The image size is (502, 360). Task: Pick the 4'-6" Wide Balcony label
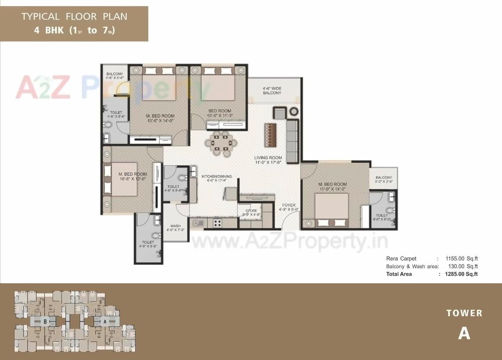click(272, 91)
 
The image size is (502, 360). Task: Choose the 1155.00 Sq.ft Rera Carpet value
click(461, 258)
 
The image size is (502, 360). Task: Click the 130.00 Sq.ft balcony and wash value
click(461, 266)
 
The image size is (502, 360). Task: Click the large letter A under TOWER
click(464, 333)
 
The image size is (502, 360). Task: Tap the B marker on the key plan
click(45, 321)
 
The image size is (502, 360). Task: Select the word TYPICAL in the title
click(40, 17)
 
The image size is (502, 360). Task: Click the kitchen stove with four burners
click(218, 223)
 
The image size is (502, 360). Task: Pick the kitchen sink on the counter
click(197, 223)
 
